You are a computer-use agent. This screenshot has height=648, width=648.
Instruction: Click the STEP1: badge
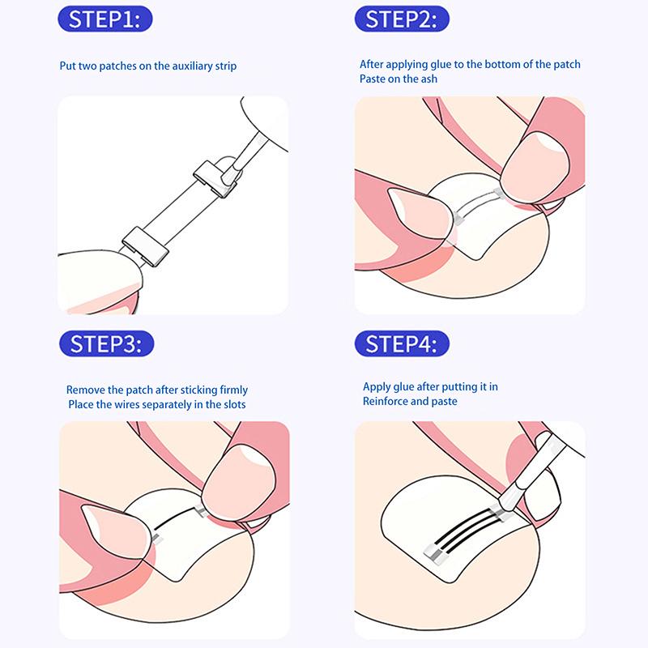[x=105, y=19]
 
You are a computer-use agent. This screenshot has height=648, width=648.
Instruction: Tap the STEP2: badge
[x=402, y=19]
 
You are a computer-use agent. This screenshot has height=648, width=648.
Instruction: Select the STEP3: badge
[x=107, y=343]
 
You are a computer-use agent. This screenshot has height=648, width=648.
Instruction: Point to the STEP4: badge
[x=402, y=343]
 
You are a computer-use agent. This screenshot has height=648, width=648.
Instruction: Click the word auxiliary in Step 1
[x=192, y=66]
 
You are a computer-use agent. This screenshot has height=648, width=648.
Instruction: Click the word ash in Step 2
[x=428, y=79]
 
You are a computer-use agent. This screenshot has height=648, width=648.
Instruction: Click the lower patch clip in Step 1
[x=146, y=246]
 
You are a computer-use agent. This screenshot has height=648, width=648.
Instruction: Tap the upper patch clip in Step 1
[x=215, y=178]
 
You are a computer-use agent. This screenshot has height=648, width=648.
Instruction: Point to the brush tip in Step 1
[x=229, y=175]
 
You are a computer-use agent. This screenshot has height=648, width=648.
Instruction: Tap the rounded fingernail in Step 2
[x=535, y=163]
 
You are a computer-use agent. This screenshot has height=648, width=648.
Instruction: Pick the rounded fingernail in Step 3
[x=239, y=480]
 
